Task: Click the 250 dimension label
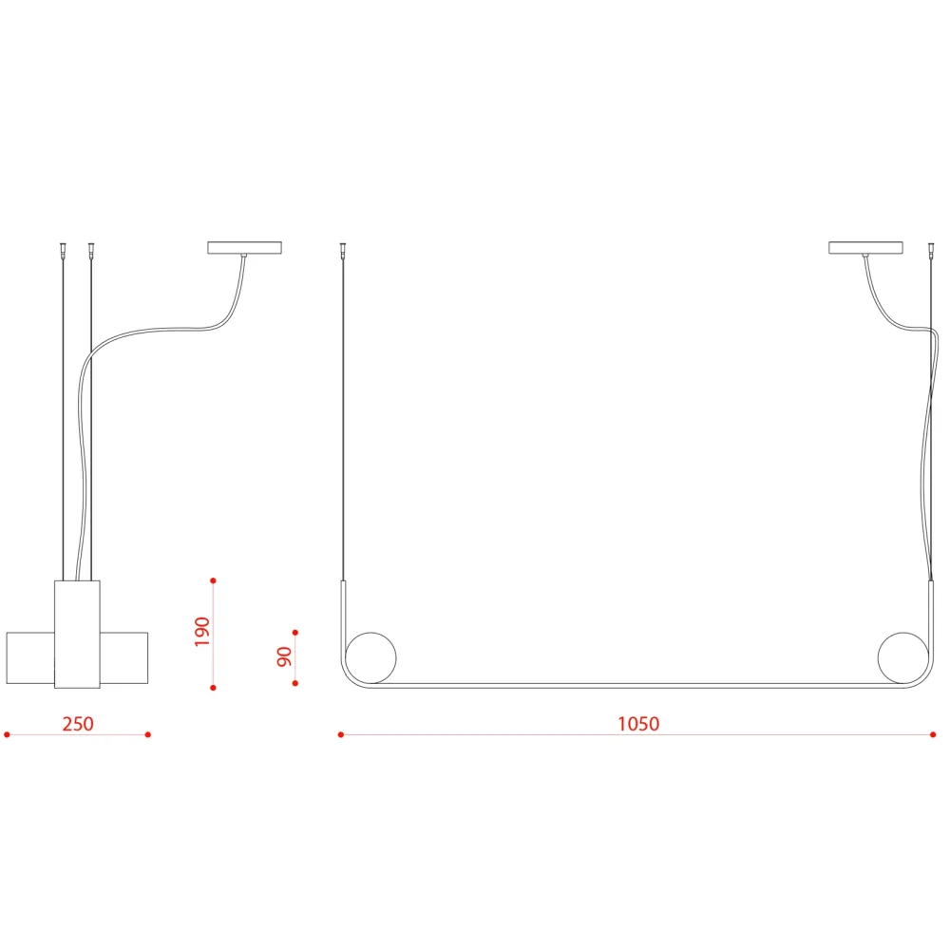78,723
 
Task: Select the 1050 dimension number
638,723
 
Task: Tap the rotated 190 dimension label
201,632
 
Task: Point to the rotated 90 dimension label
284,656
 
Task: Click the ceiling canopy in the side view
245,248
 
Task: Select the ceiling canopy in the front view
865,248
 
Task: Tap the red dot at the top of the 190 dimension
213,580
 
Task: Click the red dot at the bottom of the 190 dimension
213,688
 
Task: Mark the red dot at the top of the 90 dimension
295,633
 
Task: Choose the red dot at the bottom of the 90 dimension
295,683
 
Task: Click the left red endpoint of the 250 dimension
8,735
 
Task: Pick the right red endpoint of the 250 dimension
148,735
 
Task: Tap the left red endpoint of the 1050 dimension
341,735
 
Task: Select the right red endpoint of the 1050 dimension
933,735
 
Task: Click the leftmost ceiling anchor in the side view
63,249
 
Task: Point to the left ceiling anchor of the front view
343,249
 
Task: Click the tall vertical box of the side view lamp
78,635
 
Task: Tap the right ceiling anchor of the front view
931,249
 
